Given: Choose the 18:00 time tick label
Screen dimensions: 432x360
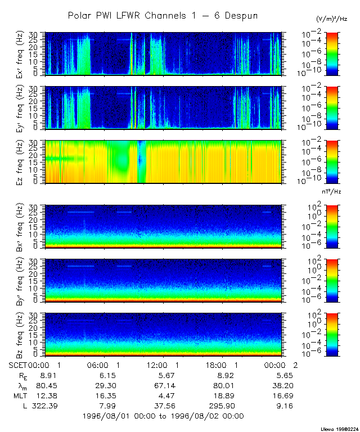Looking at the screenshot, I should [x=224, y=366].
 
